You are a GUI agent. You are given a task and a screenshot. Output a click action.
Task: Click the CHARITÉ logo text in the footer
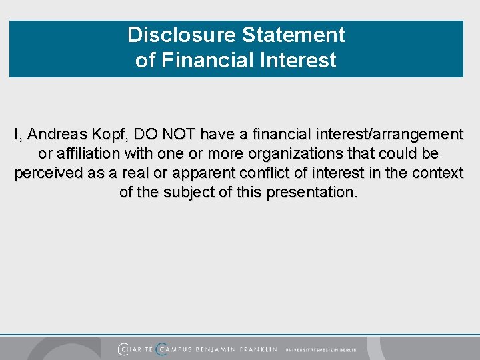click(x=135, y=349)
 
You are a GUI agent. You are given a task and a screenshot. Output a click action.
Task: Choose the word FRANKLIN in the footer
click(x=257, y=349)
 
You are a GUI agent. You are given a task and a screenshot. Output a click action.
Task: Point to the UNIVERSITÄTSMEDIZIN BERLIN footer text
click(x=321, y=349)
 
